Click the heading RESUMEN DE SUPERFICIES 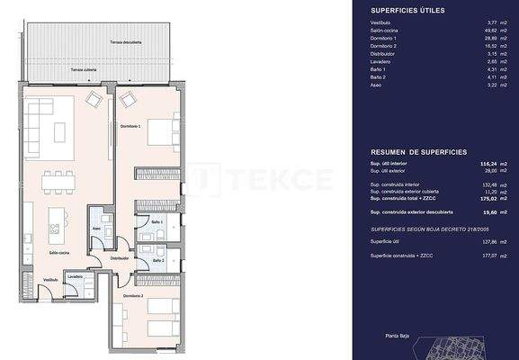click(415, 154)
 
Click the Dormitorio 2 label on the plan click(133, 295)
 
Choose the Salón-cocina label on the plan click(59, 253)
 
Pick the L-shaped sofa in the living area click(40, 118)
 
